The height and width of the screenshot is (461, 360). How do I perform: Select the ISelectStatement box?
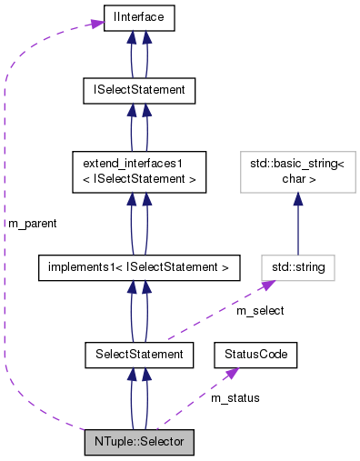point(138,90)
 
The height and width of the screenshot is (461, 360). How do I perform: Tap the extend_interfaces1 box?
point(138,172)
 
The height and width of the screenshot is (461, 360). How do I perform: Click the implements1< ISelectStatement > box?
point(138,267)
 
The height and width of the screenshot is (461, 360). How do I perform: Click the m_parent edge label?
point(32,223)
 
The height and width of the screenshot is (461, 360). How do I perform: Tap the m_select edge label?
point(260,311)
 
